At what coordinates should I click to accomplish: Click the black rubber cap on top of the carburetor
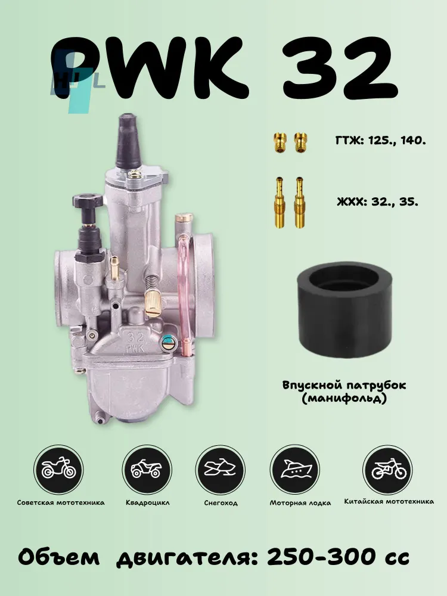point(129,142)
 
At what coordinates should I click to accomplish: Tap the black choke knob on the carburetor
point(88,200)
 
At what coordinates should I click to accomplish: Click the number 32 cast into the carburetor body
point(135,336)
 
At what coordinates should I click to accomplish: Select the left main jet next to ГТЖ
point(280,142)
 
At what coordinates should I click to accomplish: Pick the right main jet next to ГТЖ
point(300,142)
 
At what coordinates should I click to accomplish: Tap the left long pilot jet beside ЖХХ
point(280,202)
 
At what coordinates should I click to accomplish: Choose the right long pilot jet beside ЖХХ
point(300,202)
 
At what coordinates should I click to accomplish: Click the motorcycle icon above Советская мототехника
point(58,470)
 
